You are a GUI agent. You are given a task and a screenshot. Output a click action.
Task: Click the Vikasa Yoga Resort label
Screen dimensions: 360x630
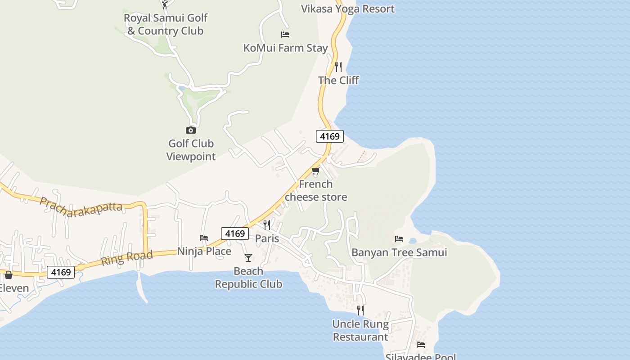pos(347,9)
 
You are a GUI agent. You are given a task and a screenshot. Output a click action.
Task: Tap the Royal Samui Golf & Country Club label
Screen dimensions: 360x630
pos(166,24)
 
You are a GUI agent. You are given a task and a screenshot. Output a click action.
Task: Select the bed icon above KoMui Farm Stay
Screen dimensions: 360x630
pos(285,35)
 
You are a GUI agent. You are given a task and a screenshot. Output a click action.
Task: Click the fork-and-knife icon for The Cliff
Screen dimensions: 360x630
pos(338,67)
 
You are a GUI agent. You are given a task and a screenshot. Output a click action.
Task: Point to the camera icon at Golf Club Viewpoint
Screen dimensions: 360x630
pos(191,130)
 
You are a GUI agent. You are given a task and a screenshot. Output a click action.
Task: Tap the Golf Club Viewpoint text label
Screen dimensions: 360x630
pos(191,150)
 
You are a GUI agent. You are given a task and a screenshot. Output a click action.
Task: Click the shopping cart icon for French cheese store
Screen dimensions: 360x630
pos(316,171)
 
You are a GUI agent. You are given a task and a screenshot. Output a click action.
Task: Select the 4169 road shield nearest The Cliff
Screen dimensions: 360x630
pos(330,136)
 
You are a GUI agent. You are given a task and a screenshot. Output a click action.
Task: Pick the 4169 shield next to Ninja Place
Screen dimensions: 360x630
pos(235,234)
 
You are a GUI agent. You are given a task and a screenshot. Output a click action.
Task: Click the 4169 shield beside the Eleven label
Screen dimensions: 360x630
pos(61,272)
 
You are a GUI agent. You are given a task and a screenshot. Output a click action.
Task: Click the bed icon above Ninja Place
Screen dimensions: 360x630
pos(204,238)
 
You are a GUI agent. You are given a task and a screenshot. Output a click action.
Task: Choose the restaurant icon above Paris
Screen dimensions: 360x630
pos(267,225)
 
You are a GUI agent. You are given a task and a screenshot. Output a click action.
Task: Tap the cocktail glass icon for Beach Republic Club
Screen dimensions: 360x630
pos(248,258)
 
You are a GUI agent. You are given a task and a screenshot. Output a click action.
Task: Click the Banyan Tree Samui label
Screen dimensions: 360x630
pos(399,252)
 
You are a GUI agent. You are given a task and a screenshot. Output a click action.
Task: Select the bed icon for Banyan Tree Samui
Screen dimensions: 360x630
pos(399,239)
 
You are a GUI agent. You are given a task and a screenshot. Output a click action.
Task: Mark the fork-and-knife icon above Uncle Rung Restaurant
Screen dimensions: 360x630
pos(360,310)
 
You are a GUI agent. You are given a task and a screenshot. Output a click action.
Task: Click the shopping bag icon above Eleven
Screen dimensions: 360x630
pos(9,274)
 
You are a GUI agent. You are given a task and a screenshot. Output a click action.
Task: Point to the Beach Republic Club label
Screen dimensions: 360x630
pos(248,278)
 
